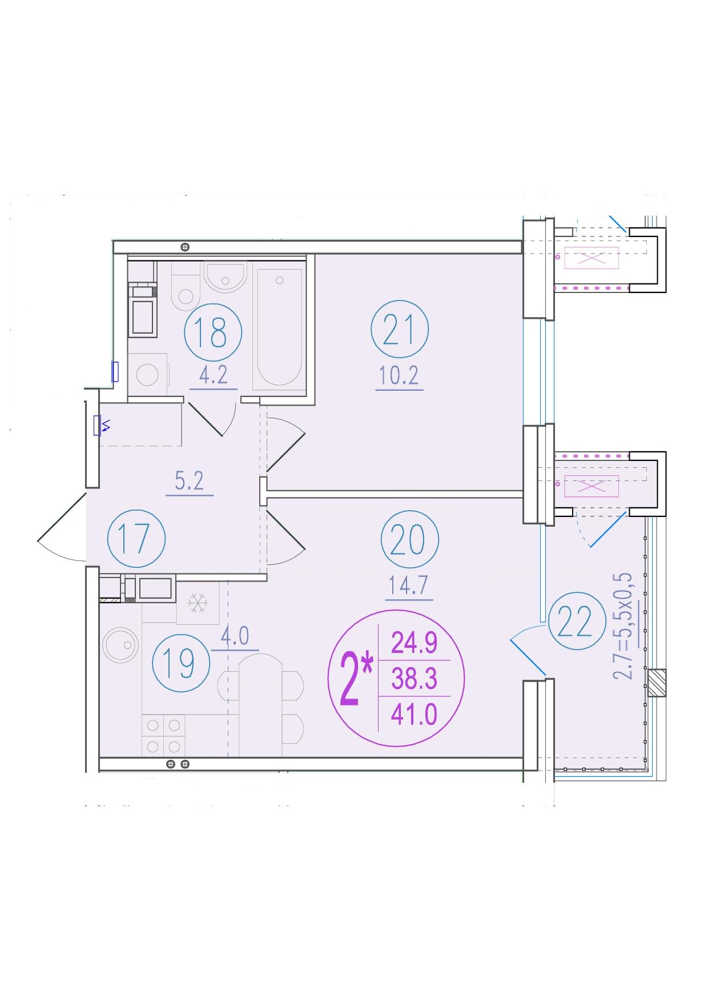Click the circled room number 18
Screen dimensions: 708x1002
(x=214, y=332)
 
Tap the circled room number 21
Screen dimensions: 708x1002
(x=399, y=330)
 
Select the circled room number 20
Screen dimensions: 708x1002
(x=410, y=539)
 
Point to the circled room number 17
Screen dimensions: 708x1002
(x=136, y=538)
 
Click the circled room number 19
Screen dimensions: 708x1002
(x=182, y=663)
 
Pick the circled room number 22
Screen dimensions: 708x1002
(x=577, y=621)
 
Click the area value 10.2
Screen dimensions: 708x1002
(x=399, y=376)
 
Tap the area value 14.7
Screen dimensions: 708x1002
(x=408, y=586)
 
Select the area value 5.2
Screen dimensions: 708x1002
(x=190, y=481)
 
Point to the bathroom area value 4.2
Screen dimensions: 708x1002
(x=213, y=375)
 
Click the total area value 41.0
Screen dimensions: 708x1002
(x=414, y=714)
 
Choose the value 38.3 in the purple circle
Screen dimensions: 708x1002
(x=414, y=679)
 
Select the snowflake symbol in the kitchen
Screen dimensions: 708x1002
(x=198, y=603)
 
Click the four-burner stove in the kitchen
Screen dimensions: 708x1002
(x=163, y=736)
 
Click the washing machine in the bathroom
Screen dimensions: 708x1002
(x=148, y=374)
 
